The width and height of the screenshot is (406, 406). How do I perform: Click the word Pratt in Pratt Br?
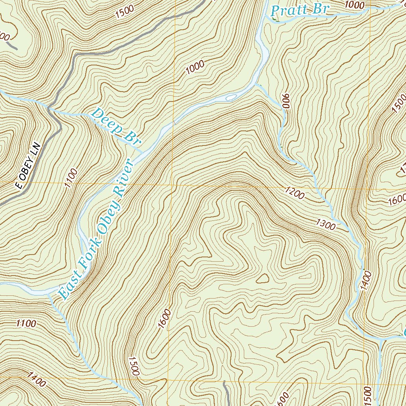[289, 10]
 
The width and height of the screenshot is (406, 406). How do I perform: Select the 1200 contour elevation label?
[294, 193]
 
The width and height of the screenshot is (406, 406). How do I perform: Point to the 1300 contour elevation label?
[326, 224]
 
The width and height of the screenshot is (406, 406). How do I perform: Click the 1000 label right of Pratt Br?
[354, 4]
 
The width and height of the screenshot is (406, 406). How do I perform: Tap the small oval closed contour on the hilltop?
[262, 279]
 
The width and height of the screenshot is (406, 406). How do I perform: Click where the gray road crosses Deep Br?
[50, 108]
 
